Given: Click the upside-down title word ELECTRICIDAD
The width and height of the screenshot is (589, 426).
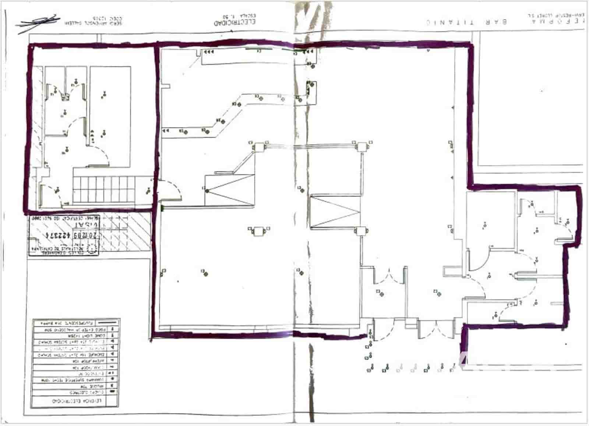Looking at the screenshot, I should point(235,22).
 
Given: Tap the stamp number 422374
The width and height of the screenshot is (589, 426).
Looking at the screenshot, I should point(59,235).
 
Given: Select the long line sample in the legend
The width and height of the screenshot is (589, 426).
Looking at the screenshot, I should point(107,322).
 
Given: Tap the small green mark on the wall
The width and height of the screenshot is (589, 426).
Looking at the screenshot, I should point(162,209).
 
